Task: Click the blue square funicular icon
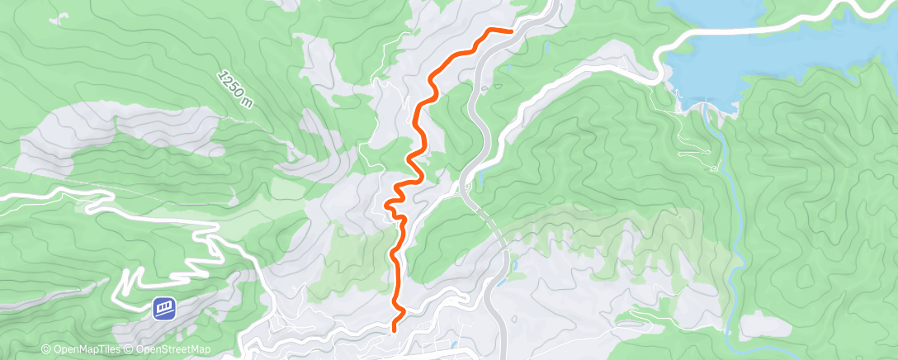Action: click(163, 309)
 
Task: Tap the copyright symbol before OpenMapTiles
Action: click(46, 350)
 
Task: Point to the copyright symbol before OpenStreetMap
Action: click(130, 350)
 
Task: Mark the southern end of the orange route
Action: click(394, 329)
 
